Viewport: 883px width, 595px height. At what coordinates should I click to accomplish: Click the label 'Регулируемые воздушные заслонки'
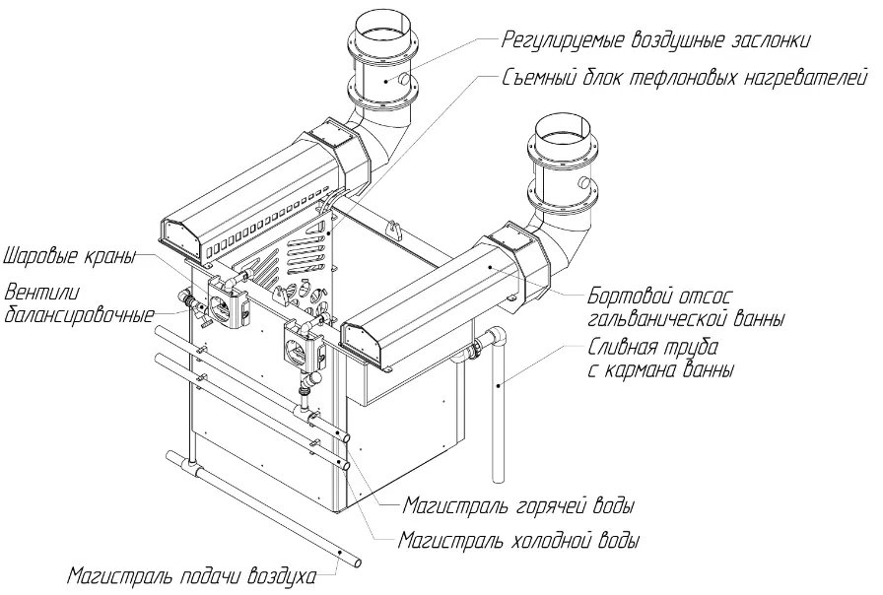[656, 40]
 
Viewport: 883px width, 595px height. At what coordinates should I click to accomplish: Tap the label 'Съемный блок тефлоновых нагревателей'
[684, 78]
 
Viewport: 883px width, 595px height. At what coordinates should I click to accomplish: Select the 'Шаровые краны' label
[70, 257]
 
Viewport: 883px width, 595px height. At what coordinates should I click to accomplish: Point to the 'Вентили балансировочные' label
[79, 304]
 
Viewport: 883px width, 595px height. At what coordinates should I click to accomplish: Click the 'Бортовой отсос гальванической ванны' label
[686, 307]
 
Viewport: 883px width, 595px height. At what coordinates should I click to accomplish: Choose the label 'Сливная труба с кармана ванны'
[661, 358]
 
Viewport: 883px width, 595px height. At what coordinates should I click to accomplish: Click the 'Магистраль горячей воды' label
[518, 505]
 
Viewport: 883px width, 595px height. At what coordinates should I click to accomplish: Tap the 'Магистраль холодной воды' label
[518, 541]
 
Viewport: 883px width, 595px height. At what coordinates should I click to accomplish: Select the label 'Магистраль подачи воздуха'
[191, 577]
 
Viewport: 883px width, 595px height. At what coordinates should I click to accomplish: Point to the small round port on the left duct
[403, 80]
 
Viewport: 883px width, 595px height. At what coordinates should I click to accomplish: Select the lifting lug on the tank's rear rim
[394, 229]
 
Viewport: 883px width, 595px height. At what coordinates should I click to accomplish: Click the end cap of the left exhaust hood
[179, 236]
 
